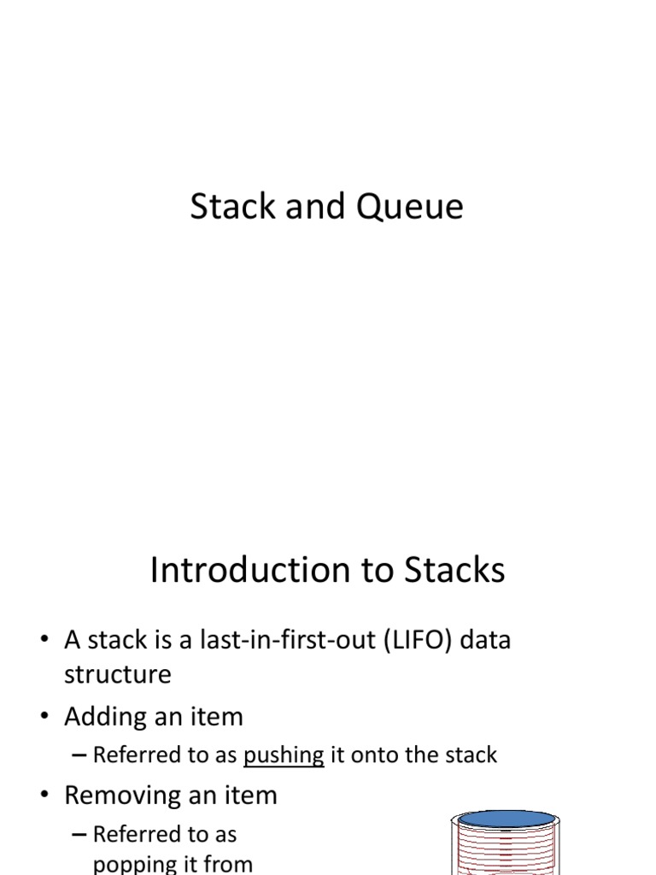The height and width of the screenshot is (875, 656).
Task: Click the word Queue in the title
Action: tap(409, 208)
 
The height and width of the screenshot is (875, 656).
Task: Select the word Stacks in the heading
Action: tap(454, 570)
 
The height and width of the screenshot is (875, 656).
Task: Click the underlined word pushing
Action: tap(284, 755)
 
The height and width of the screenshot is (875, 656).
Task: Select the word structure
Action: tap(118, 674)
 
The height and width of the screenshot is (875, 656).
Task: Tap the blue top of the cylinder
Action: tap(506, 819)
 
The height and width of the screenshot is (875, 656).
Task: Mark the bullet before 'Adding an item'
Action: tap(44, 716)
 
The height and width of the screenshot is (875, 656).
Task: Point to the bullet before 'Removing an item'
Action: tap(44, 794)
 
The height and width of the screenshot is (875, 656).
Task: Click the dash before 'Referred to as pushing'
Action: tap(79, 755)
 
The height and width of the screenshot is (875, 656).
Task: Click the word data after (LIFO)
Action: tap(485, 639)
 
